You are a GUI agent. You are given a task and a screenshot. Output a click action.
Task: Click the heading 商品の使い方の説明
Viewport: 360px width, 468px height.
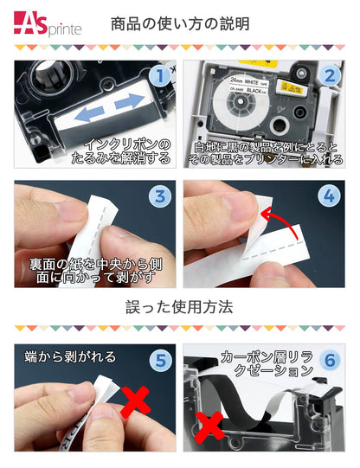(x=181, y=23)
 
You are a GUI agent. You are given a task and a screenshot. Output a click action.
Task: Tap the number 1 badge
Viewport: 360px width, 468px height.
(x=158, y=77)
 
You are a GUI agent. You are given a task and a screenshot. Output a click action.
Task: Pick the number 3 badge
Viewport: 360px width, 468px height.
(x=158, y=196)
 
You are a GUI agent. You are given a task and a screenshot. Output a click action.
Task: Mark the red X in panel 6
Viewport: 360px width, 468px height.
(x=210, y=425)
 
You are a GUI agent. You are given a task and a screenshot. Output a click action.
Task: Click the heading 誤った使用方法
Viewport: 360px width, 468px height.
(x=181, y=306)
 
